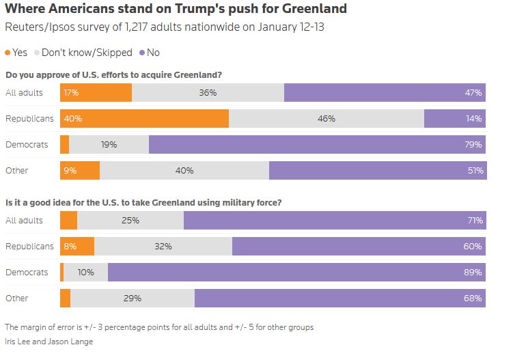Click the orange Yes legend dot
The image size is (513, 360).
tap(8, 53)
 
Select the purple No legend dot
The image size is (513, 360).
tap(141, 53)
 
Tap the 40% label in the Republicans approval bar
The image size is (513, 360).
tap(72, 119)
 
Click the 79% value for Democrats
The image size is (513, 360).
tap(473, 145)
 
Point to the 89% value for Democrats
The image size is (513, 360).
tap(473, 273)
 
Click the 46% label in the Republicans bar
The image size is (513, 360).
tap(326, 119)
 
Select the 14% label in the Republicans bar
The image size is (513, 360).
tap(473, 119)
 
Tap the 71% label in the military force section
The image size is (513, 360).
tap(473, 221)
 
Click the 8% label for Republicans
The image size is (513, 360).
tap(70, 247)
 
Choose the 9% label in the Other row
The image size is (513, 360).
tap(70, 171)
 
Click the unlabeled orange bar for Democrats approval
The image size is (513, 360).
tap(64, 145)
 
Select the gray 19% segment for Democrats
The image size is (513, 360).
tap(109, 145)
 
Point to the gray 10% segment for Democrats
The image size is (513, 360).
tap(85, 273)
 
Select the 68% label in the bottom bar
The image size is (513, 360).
tap(473, 299)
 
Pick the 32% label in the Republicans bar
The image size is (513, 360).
tap(163, 247)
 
